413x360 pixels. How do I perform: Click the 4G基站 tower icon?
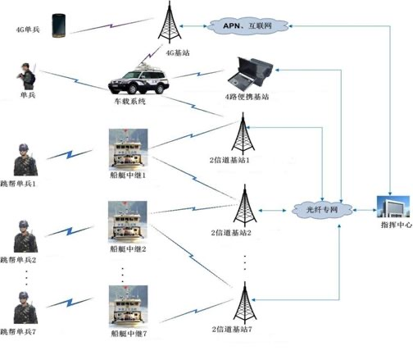click(170, 22)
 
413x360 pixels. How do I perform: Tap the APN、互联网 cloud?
click(247, 26)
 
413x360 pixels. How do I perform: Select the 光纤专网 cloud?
click(322, 210)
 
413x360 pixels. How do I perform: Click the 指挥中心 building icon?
click(393, 207)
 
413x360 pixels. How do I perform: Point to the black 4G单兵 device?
click(59, 25)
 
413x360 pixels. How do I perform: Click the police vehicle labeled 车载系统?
click(138, 80)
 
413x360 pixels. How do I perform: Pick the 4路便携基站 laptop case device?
click(251, 74)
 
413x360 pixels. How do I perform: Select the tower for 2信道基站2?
click(245, 206)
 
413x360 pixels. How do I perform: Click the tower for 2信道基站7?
click(245, 303)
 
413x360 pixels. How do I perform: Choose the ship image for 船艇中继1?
click(128, 149)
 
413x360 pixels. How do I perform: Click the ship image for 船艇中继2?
click(128, 222)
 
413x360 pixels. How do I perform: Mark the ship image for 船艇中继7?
click(128, 307)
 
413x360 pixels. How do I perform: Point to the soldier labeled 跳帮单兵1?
click(25, 160)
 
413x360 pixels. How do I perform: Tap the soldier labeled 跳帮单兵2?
click(25, 236)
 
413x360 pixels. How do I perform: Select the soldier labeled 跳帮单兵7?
click(25, 308)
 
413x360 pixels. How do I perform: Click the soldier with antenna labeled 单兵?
click(26, 76)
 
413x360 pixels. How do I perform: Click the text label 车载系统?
click(130, 102)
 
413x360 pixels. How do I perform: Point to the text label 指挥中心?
click(397, 225)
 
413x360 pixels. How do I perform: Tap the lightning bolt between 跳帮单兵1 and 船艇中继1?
click(70, 154)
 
